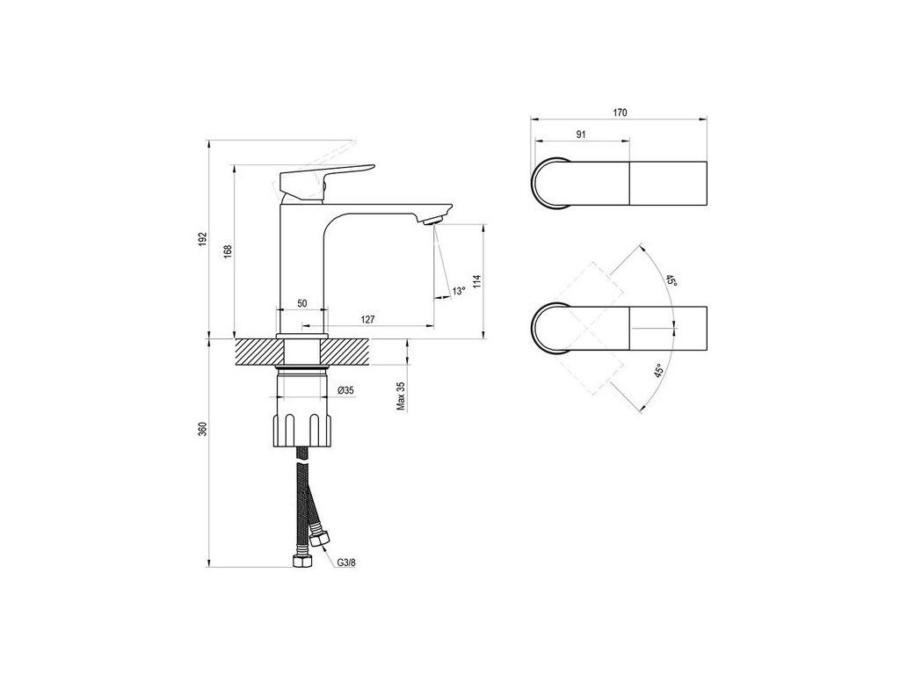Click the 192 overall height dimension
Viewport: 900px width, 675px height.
tap(202, 238)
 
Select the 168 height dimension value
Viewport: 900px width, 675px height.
tap(228, 250)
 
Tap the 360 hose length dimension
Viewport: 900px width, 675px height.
tap(202, 431)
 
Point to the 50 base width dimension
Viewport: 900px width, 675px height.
tap(301, 303)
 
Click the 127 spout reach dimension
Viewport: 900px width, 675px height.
tap(368, 319)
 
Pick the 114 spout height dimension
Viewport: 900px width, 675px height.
tap(475, 281)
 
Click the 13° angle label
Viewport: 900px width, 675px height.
tap(457, 291)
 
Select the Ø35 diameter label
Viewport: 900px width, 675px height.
tap(345, 390)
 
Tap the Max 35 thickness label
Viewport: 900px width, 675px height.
tap(400, 396)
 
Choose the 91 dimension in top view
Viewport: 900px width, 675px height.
tap(581, 134)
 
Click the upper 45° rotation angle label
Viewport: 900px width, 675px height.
tap(670, 280)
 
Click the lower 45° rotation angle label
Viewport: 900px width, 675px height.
tap(657, 372)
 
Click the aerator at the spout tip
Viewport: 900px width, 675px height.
tap(431, 221)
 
